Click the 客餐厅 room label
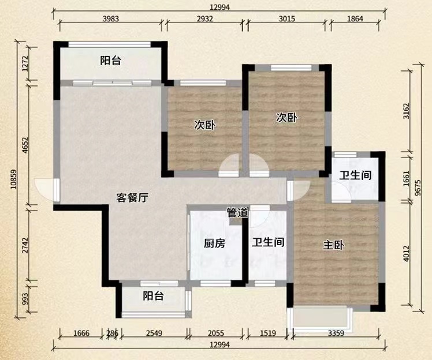click(x=133, y=198)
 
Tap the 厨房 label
click(x=214, y=243)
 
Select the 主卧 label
click(x=333, y=246)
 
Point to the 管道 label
click(x=237, y=213)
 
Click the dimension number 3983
click(x=110, y=18)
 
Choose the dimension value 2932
click(x=204, y=18)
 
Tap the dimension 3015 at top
click(x=286, y=18)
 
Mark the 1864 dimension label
click(x=356, y=18)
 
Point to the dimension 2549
click(x=154, y=333)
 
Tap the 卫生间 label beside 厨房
click(x=267, y=243)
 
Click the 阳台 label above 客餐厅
click(x=110, y=61)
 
